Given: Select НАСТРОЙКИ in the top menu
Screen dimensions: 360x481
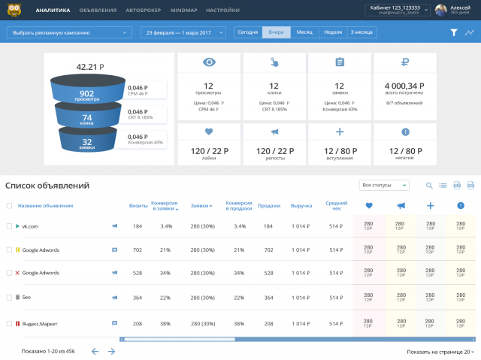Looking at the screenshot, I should (222, 11).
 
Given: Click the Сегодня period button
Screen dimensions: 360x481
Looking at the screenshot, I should (247, 33).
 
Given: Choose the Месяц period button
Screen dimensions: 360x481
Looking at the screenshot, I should (304, 33).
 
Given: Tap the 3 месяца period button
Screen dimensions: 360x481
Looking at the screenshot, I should (362, 33).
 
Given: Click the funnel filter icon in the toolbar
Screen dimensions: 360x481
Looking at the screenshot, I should (453, 33).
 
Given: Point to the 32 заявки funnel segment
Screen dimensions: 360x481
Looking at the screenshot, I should (87, 142).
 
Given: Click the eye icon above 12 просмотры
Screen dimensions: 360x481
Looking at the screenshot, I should (208, 62).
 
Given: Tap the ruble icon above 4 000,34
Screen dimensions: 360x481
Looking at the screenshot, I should (405, 62).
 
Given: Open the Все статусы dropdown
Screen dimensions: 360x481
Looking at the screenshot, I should (385, 185).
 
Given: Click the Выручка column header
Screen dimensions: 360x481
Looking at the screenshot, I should (301, 205).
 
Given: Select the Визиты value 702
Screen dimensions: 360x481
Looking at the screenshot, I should (138, 250).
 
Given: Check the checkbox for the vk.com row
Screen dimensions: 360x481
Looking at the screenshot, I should (9, 225).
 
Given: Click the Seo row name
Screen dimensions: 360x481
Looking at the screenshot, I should (26, 298).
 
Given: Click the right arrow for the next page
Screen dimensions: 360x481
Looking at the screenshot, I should (112, 351).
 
